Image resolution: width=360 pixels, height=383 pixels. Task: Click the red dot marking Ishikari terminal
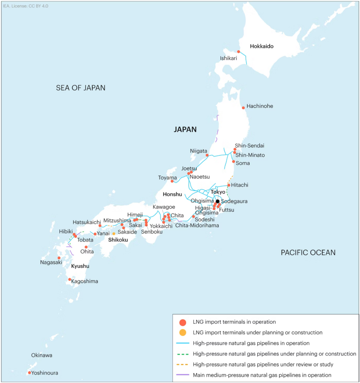(x=239, y=52)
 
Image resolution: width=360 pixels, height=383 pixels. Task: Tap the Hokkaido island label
(x=262, y=47)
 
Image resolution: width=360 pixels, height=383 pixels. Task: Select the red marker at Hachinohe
(x=243, y=108)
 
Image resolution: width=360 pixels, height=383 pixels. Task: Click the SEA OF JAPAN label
(x=81, y=88)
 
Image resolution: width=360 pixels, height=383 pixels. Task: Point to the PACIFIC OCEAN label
(x=308, y=252)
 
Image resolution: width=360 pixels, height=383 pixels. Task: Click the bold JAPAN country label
(x=185, y=130)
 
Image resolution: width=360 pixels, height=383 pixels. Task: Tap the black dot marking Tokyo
(x=218, y=201)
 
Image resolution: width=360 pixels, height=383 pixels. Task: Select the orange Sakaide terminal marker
(x=114, y=233)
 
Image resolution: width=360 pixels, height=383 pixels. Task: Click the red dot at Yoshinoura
(x=30, y=373)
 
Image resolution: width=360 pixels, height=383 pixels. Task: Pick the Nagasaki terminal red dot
(x=59, y=258)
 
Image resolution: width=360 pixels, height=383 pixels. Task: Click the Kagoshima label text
(x=84, y=281)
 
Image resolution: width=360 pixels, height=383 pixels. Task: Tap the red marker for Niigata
(x=207, y=155)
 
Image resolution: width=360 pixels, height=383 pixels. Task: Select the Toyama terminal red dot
(x=172, y=181)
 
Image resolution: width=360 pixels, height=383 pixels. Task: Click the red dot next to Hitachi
(x=229, y=185)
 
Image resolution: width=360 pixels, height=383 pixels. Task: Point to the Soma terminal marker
(x=233, y=162)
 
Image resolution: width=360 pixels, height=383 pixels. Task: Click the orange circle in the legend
(x=182, y=333)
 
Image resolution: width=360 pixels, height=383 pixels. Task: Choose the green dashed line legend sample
(x=182, y=354)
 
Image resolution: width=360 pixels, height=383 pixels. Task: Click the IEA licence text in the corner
(x=23, y=6)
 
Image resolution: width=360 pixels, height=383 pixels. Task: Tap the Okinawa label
(x=41, y=355)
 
